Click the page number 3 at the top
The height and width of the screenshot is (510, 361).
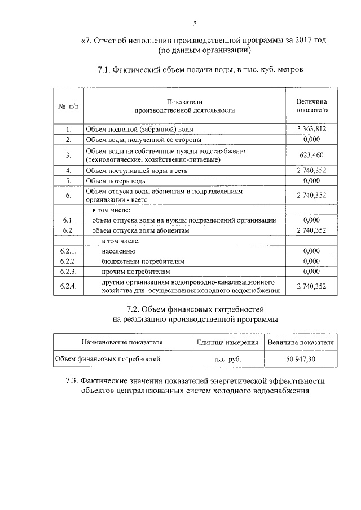tap(195, 24)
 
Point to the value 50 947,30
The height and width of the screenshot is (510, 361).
tap(300, 358)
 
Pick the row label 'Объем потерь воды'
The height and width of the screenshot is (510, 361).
tap(116, 180)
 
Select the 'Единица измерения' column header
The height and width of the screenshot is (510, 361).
tap(227, 342)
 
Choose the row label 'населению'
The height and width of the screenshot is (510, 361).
tap(118, 251)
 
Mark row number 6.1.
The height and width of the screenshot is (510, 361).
tap(69, 220)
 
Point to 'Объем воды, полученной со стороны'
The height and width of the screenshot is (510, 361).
tap(143, 139)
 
